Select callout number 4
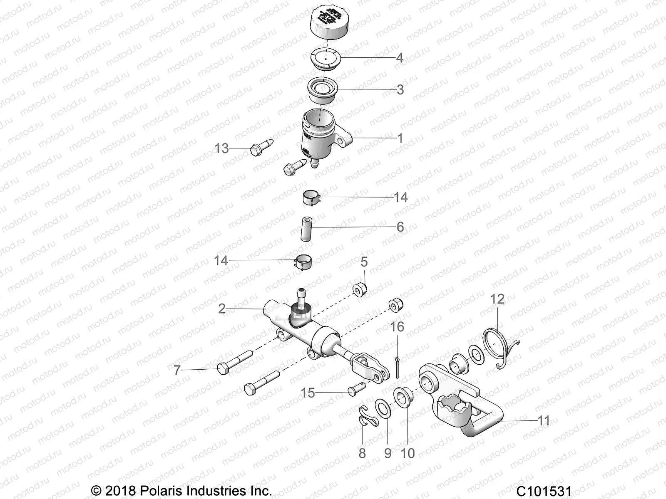(399, 58)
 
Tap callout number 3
(400, 90)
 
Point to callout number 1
(400, 138)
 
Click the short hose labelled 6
(307, 228)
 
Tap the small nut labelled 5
(360, 289)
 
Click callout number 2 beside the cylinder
(221, 309)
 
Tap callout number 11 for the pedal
(544, 421)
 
